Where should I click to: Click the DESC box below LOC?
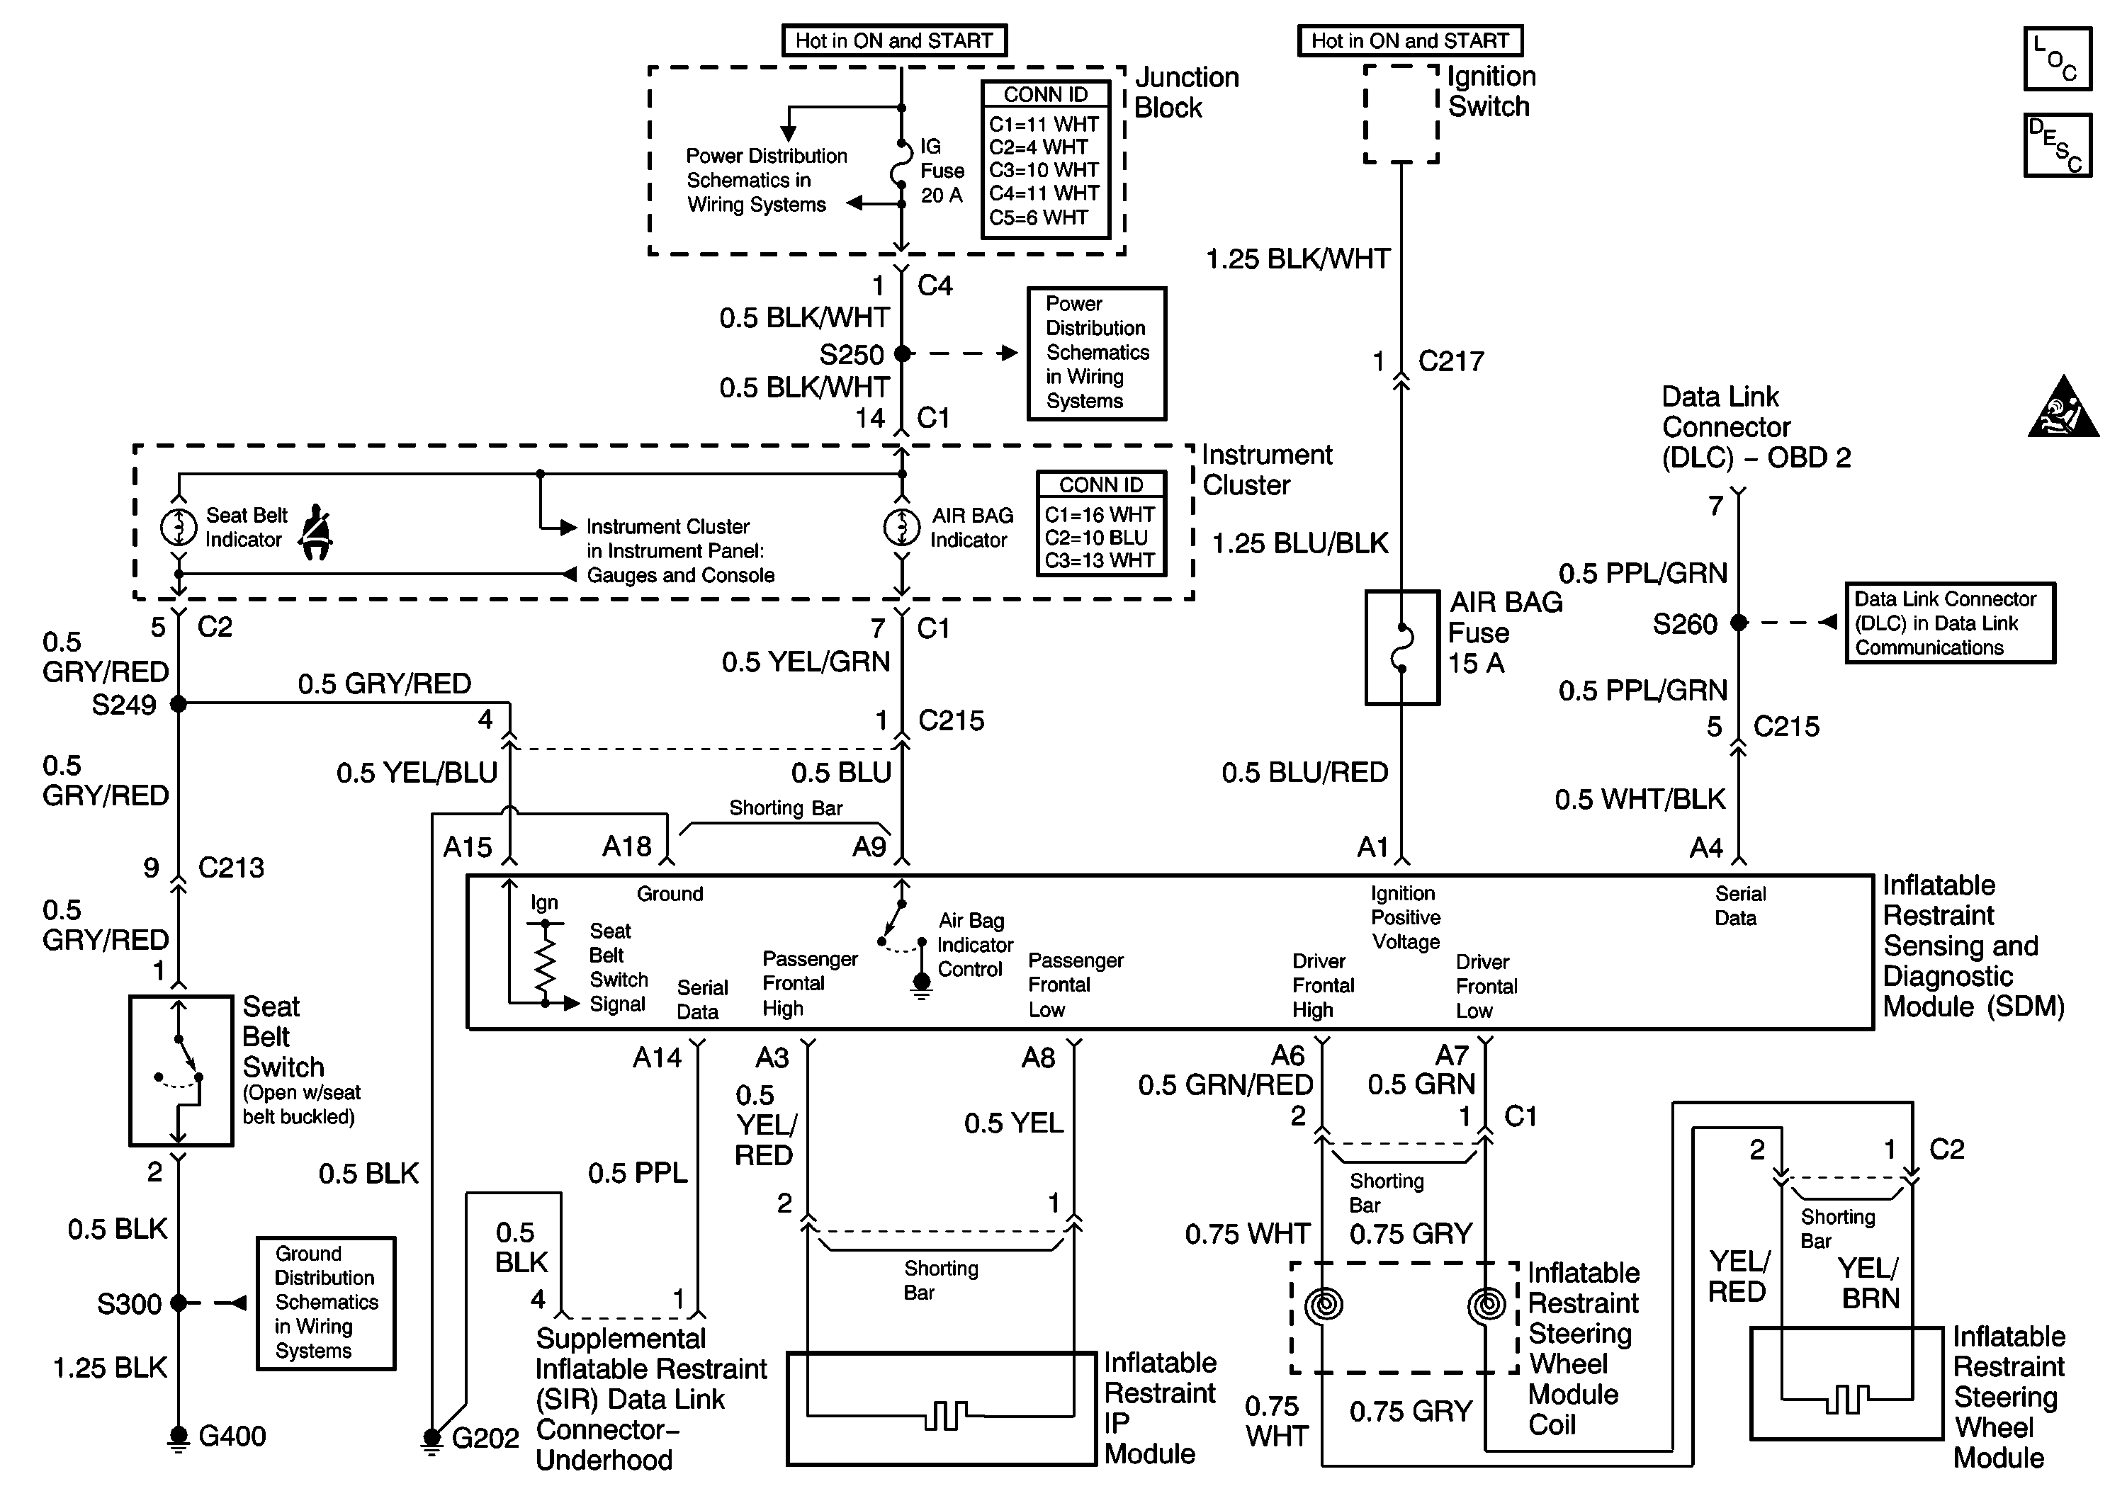point(2057,145)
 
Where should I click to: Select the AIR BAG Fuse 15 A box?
point(1401,647)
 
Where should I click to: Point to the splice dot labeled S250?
point(901,353)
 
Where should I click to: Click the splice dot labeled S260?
point(1739,623)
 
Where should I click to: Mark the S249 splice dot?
point(179,705)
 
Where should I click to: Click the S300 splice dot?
point(179,1303)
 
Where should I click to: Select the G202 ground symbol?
point(431,1439)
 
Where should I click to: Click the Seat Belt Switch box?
point(181,1070)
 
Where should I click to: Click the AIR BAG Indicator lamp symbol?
point(901,528)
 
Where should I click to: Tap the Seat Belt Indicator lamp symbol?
point(178,528)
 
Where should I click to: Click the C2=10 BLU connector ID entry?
point(1096,537)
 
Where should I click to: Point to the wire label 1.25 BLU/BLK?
point(1299,543)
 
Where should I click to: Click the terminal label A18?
point(627,846)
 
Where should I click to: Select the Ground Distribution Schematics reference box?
point(326,1303)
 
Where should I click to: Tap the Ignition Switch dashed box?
point(1401,114)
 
